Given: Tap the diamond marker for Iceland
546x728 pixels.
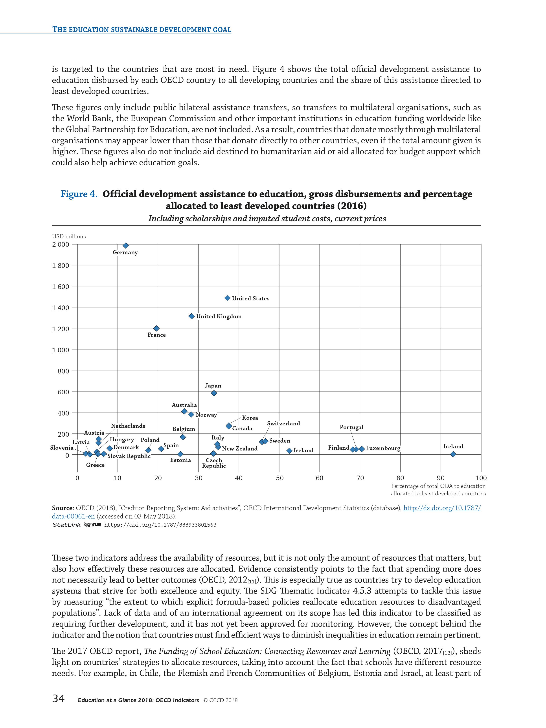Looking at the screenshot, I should [x=453, y=454].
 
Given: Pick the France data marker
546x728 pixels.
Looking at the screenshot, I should [x=156, y=328].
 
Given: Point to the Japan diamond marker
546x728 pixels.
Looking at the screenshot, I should [x=214, y=393].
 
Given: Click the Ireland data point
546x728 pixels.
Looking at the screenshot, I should [x=289, y=450].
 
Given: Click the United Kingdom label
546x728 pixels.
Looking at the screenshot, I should [x=219, y=316].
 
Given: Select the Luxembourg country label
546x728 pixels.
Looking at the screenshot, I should [x=383, y=448].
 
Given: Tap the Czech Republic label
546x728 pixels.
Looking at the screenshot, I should [x=214, y=463].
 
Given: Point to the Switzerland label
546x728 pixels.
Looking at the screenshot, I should [x=283, y=424].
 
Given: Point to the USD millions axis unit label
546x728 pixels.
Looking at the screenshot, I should [x=69, y=236].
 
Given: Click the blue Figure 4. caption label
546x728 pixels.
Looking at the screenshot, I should [x=79, y=194].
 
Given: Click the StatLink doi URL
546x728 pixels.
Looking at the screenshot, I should [x=160, y=525].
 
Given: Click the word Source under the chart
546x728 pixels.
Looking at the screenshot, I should [x=62, y=508].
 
